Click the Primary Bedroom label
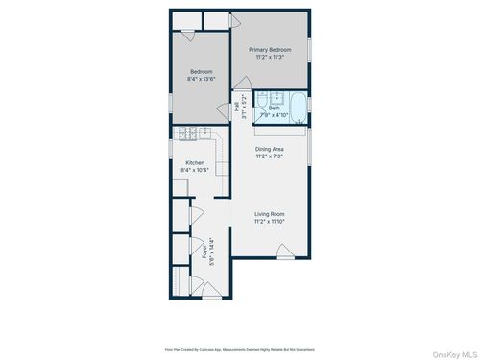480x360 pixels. (x=270, y=49)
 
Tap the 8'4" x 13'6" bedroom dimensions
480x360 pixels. (x=202, y=79)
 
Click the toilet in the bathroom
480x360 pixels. (x=300, y=121)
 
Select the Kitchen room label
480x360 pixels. (x=195, y=163)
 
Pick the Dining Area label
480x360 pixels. (x=270, y=150)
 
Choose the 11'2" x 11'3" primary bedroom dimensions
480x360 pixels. (x=270, y=57)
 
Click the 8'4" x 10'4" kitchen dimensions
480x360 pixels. (x=195, y=171)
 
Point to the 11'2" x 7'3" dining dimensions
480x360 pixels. (x=270, y=156)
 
